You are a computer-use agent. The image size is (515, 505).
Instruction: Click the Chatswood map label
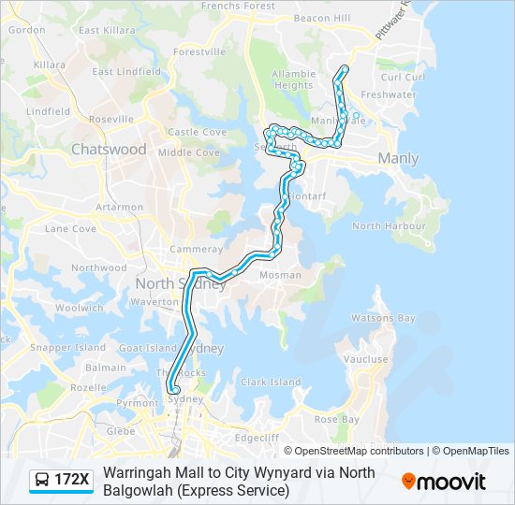(x=110, y=150)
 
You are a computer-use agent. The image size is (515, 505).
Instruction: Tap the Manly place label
(x=398, y=159)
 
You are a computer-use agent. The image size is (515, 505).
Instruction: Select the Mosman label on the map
(x=281, y=275)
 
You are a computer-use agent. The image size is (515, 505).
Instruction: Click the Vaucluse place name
(x=365, y=359)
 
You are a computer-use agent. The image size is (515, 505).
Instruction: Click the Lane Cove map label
(x=70, y=228)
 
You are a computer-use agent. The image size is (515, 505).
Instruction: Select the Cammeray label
(x=196, y=249)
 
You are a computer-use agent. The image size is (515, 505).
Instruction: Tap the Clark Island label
(x=271, y=382)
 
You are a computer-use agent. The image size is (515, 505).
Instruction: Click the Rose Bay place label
(x=337, y=419)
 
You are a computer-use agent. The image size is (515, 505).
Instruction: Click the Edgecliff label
(x=257, y=437)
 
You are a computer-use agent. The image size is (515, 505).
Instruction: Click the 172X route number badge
(x=71, y=480)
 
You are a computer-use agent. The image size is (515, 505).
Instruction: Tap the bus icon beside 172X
(x=42, y=480)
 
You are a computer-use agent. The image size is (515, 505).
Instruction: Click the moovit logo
(x=444, y=482)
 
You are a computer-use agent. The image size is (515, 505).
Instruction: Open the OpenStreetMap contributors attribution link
(x=359, y=451)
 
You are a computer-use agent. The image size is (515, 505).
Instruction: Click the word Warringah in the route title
(x=139, y=472)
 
